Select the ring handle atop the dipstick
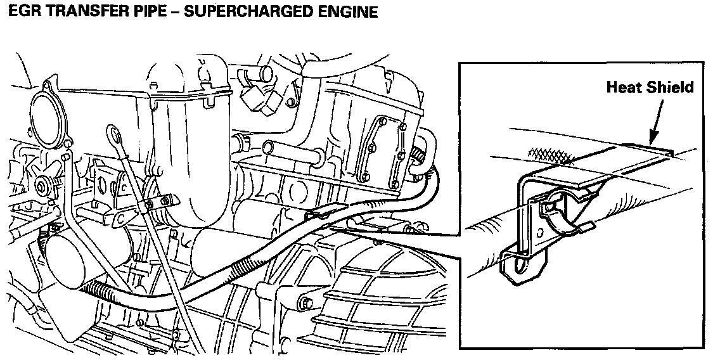tap(113, 134)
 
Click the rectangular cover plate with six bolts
tap(383, 153)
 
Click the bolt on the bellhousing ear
tap(305, 302)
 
